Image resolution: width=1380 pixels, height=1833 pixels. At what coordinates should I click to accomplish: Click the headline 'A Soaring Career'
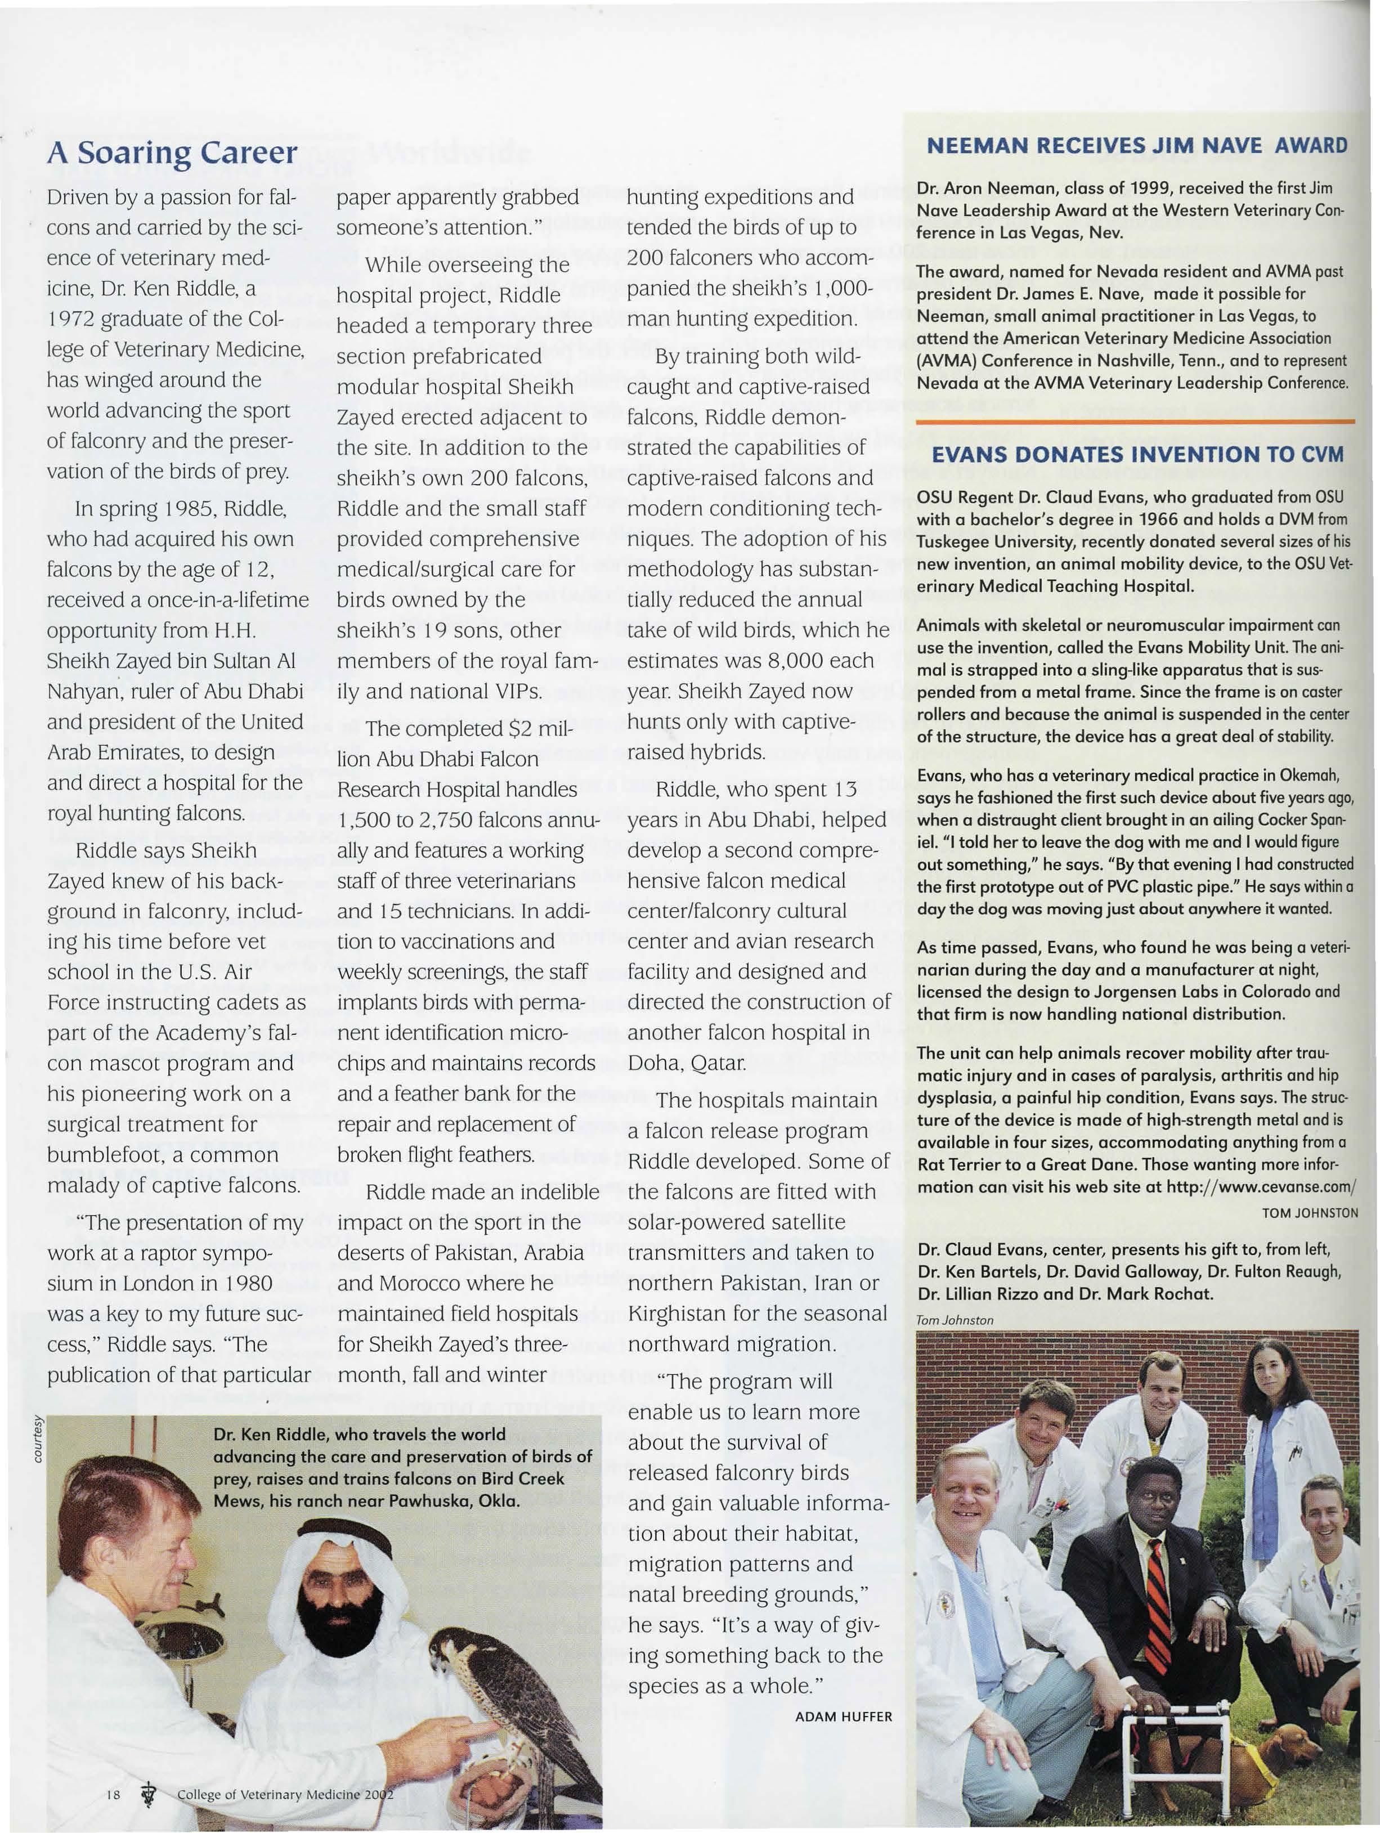click(172, 153)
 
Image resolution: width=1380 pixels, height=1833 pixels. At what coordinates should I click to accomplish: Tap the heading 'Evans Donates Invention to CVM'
click(1138, 454)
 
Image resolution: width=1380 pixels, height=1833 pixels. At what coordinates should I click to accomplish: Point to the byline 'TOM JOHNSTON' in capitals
click(1310, 1213)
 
